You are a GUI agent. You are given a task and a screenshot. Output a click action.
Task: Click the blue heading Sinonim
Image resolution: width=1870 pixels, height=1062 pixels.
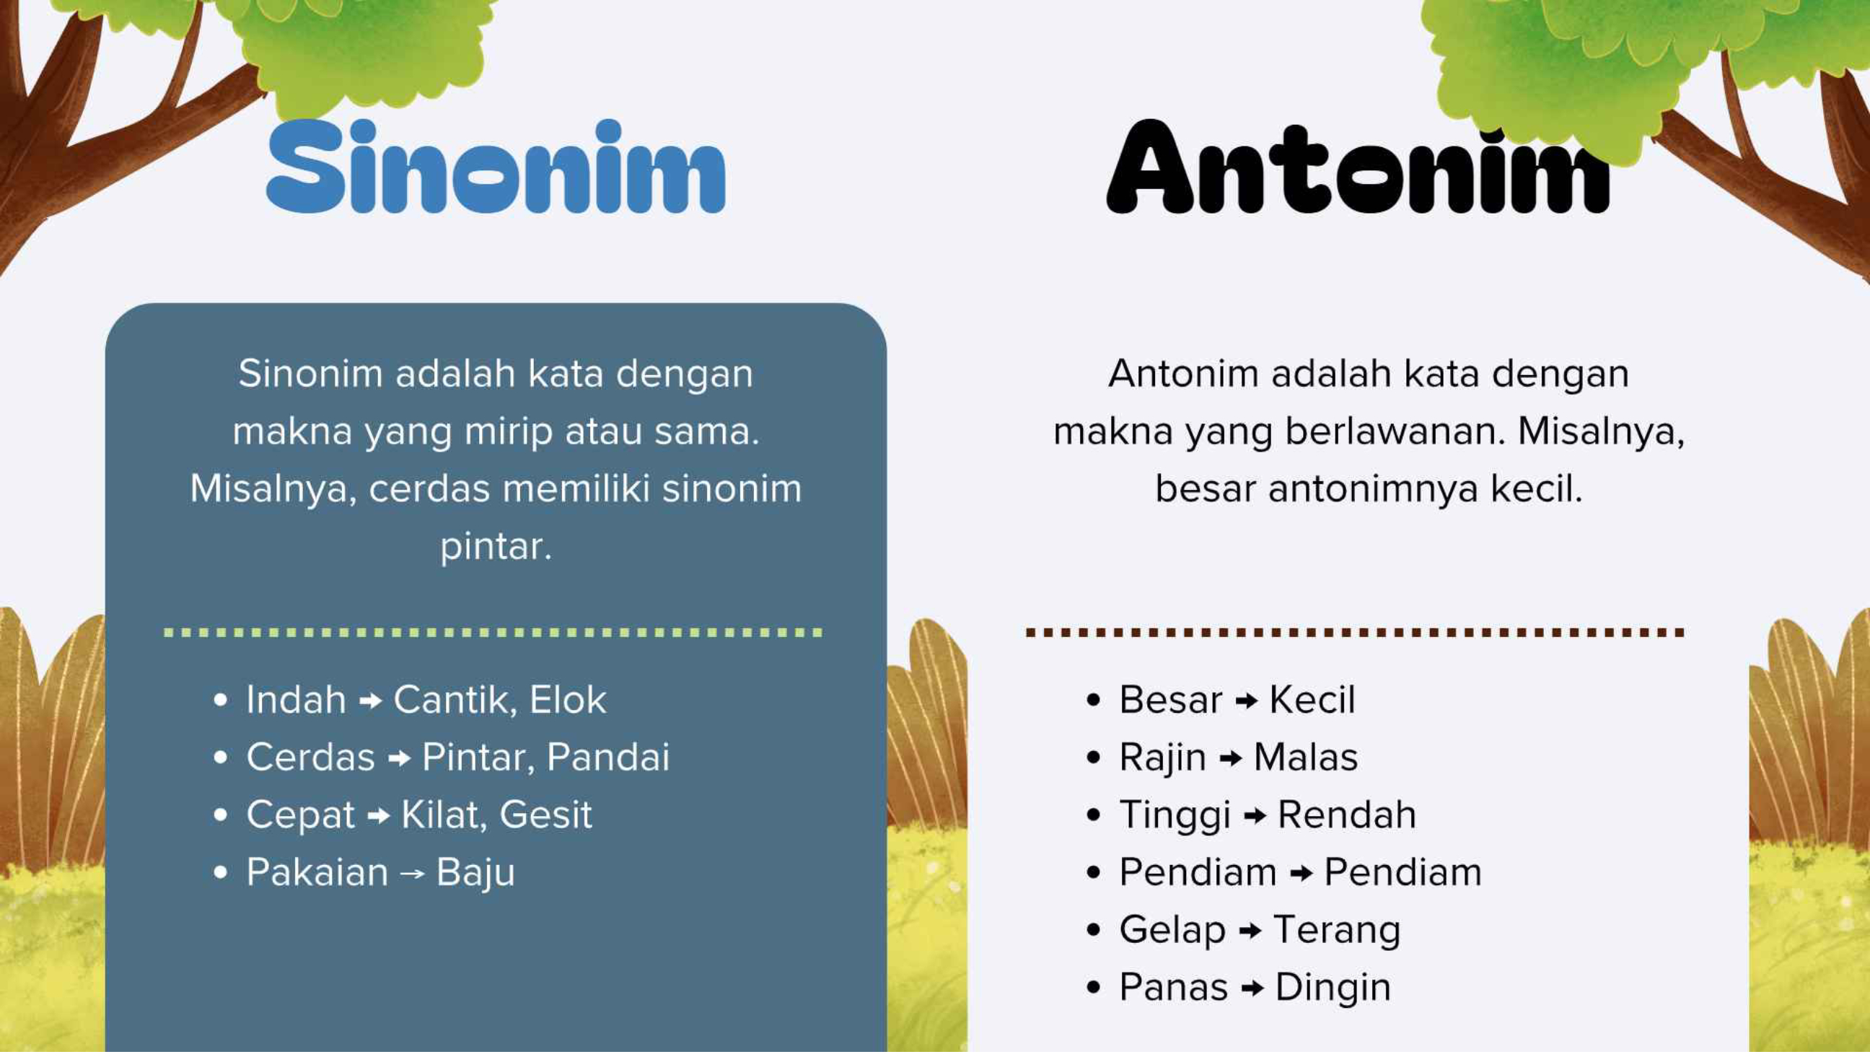pos(496,167)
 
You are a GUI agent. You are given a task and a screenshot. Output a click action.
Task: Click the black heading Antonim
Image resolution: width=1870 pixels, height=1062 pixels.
pos(1358,167)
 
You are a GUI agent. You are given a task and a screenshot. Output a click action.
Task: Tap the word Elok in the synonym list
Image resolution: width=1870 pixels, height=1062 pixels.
pos(567,700)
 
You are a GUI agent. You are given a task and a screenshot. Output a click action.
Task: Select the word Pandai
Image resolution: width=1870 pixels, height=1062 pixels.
pos(607,756)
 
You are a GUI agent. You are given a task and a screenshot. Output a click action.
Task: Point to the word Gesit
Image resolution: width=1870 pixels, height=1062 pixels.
pos(545,814)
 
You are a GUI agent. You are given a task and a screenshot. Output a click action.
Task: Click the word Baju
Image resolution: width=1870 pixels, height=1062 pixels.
pos(475,873)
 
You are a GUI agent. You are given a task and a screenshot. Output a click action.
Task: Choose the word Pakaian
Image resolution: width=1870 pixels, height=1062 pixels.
pos(317,872)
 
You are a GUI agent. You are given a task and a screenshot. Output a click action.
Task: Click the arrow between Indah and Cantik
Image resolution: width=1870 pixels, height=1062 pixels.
pos(371,701)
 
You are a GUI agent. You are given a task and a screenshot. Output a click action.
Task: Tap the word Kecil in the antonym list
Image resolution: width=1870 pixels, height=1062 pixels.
pos(1312,700)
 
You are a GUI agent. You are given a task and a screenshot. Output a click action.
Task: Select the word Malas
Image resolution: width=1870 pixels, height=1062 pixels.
pos(1306,756)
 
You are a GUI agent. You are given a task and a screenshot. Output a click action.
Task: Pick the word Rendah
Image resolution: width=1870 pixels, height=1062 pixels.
pos(1346,814)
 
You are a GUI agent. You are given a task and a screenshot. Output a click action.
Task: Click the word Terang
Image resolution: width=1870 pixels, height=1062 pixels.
pos(1337,931)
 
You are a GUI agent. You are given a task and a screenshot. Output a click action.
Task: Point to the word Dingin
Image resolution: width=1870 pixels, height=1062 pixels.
pos(1333,988)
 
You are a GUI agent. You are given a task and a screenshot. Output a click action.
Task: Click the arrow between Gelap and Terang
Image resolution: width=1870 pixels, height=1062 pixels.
pos(1250,931)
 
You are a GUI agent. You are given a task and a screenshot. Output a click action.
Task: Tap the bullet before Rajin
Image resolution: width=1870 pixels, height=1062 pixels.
pos(1092,757)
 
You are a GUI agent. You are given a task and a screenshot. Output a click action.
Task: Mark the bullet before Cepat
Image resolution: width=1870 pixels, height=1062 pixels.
pos(220,815)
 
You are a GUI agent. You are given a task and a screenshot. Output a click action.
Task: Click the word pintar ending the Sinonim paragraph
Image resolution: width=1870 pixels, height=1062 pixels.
pos(496,547)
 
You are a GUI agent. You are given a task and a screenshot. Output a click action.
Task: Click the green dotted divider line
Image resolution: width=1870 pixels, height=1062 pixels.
pos(493,633)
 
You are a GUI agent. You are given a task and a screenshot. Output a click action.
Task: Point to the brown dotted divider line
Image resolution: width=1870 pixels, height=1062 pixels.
pos(1355,633)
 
